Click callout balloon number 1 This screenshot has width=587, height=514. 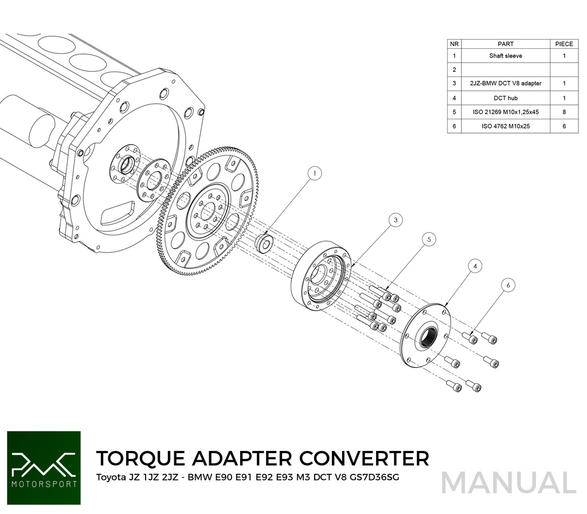click(x=315, y=173)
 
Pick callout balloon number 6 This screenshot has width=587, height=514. click(x=507, y=284)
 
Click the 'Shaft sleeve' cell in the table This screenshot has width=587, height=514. click(x=506, y=56)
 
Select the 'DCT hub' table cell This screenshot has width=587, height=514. click(x=506, y=98)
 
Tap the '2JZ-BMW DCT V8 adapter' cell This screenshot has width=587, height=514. click(x=506, y=84)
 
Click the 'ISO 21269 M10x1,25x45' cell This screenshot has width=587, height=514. click(x=506, y=112)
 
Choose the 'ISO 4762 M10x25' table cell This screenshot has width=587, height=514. click(x=506, y=126)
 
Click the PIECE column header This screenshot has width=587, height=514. click(x=564, y=44)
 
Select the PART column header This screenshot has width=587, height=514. click(x=506, y=44)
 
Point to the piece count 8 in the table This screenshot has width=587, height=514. click(x=564, y=112)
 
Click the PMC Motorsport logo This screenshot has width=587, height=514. click(x=44, y=468)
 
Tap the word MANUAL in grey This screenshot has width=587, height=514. click(x=508, y=483)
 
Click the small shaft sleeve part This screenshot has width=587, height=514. click(x=264, y=243)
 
